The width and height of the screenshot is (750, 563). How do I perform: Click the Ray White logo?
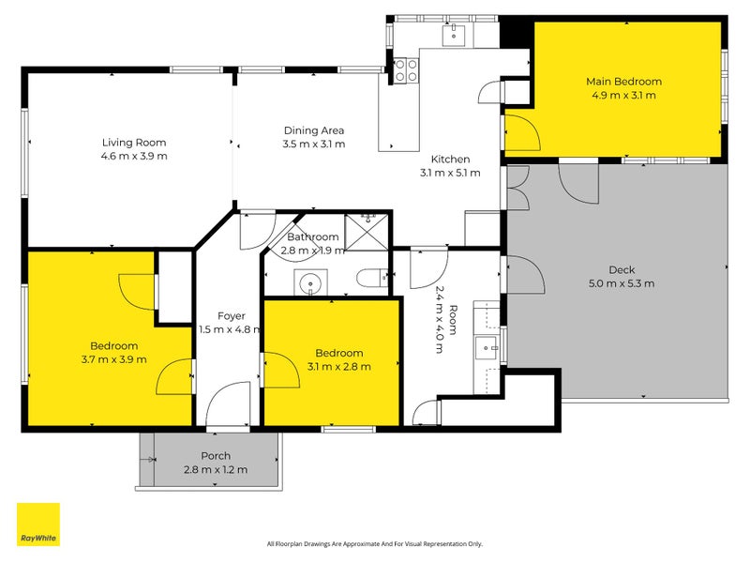pyautogui.click(x=38, y=525)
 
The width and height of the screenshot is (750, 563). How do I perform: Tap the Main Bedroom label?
pyautogui.click(x=623, y=82)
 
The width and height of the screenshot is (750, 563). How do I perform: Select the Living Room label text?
pyautogui.click(x=134, y=143)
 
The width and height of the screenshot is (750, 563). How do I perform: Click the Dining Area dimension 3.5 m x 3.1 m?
pyautogui.click(x=314, y=145)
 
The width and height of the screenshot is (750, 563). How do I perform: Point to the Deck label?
pyautogui.click(x=622, y=270)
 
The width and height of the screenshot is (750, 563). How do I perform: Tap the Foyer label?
pyautogui.click(x=232, y=316)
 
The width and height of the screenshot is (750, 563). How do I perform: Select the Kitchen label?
pyautogui.click(x=450, y=160)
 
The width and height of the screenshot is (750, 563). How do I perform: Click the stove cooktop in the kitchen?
pyautogui.click(x=406, y=69)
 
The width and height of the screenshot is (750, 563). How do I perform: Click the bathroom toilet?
pyautogui.click(x=372, y=278)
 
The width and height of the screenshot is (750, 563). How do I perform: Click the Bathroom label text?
pyautogui.click(x=313, y=237)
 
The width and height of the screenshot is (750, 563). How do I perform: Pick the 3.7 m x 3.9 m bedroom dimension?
pyautogui.click(x=113, y=358)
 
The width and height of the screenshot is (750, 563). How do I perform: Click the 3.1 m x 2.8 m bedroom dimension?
pyautogui.click(x=338, y=366)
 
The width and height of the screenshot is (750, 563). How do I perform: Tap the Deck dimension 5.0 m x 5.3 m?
pyautogui.click(x=622, y=283)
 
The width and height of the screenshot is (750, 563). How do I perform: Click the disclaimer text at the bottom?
pyautogui.click(x=374, y=543)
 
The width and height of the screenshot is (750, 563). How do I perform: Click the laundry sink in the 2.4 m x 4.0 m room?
pyautogui.click(x=487, y=346)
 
